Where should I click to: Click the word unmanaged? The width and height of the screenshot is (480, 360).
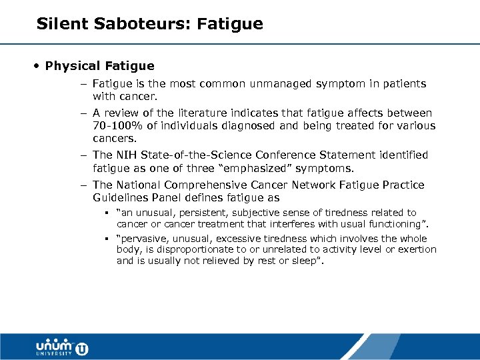(263, 84)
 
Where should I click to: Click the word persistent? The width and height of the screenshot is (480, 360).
(197, 213)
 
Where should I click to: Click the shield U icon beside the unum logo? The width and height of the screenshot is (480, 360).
(81, 348)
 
